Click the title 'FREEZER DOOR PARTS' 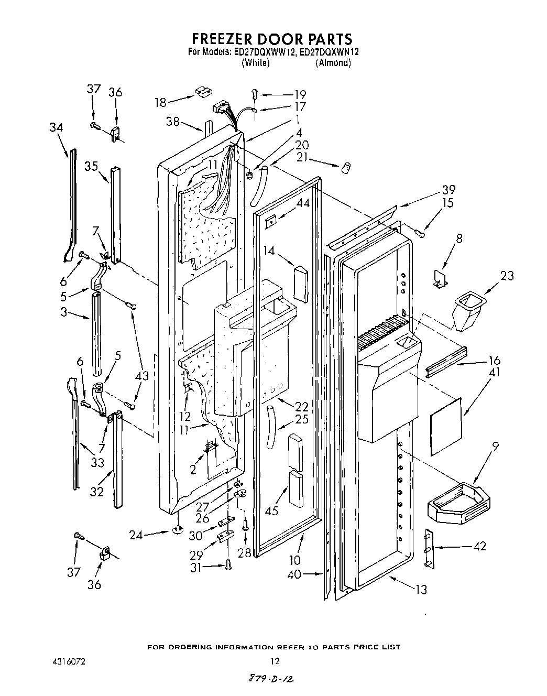pyautogui.click(x=272, y=39)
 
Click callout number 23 pyautogui.click(x=507, y=275)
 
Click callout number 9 pyautogui.click(x=495, y=447)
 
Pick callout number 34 pyautogui.click(x=56, y=127)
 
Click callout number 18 pyautogui.click(x=160, y=102)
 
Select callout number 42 pyautogui.click(x=479, y=546)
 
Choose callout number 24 pyautogui.click(x=136, y=535)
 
